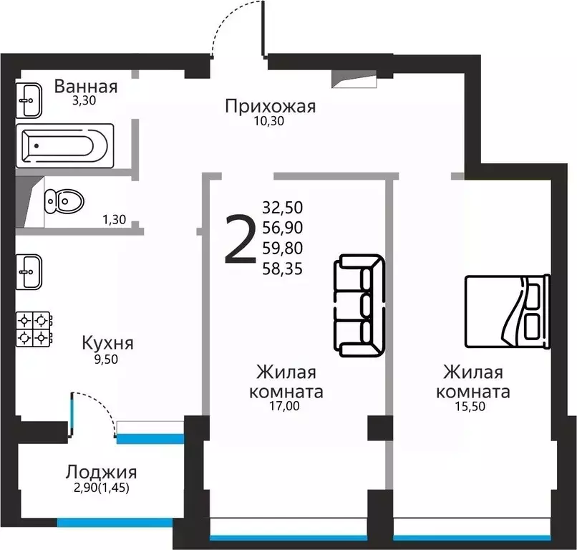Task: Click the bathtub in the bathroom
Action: click(x=65, y=146)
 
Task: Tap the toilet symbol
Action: click(x=62, y=200)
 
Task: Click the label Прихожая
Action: click(x=270, y=107)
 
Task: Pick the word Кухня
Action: click(x=107, y=342)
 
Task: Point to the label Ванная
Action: click(x=86, y=87)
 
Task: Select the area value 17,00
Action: click(x=284, y=407)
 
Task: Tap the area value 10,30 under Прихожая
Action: click(x=269, y=121)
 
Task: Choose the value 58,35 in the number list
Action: click(x=283, y=269)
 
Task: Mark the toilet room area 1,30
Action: click(x=115, y=220)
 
